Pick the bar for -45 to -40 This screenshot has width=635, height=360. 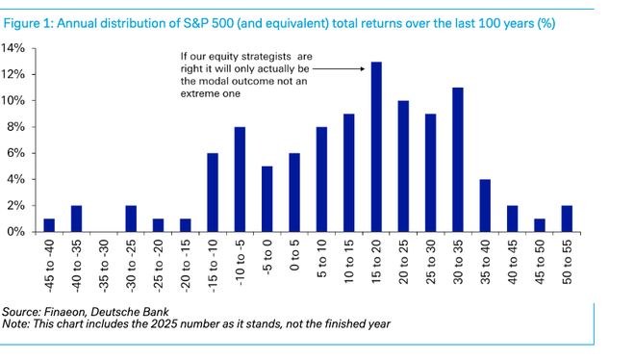pyautogui.click(x=49, y=225)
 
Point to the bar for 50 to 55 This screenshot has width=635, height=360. pyautogui.click(x=568, y=219)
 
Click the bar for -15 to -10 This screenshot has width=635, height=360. pyautogui.click(x=213, y=193)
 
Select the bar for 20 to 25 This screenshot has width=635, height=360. pyautogui.click(x=403, y=167)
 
